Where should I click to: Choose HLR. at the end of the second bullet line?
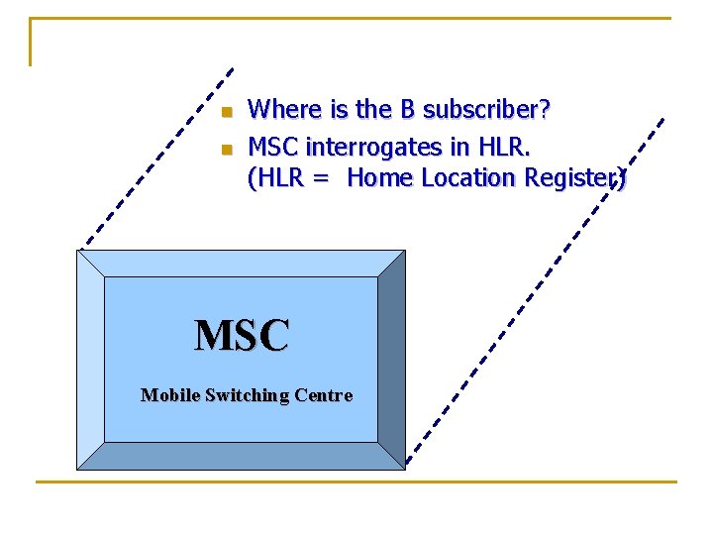(x=505, y=148)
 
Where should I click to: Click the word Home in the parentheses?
(x=381, y=178)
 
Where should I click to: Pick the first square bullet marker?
(x=226, y=110)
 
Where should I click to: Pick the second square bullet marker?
(x=226, y=150)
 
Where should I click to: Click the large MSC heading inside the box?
(x=242, y=335)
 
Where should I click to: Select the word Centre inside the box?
(x=322, y=395)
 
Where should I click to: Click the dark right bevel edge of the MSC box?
(x=391, y=357)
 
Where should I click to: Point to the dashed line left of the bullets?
(x=158, y=158)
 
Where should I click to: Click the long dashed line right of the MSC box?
(x=535, y=297)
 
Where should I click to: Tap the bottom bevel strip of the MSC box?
(x=241, y=456)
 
